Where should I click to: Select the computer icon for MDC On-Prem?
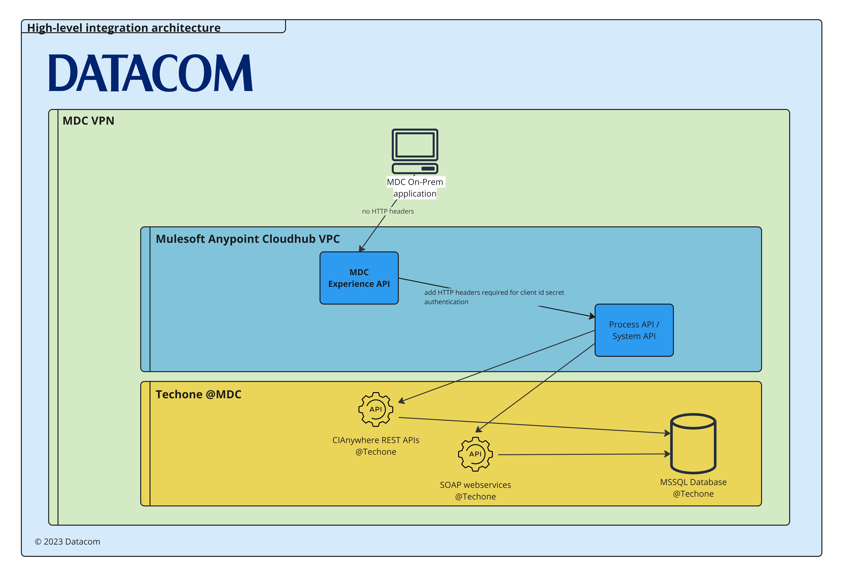(415, 151)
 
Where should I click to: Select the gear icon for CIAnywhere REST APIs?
(376, 409)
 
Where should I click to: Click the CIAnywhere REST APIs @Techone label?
(376, 446)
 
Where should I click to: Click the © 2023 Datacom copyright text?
(67, 542)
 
